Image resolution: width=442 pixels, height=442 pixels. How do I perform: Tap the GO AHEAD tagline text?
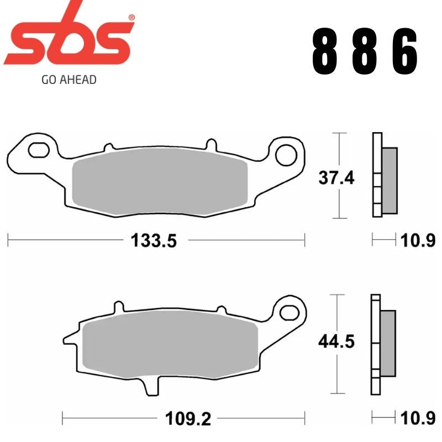[x=69, y=80]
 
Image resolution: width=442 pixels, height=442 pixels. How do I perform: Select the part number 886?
[x=365, y=52]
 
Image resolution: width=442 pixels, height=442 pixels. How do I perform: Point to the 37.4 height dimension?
[x=335, y=177]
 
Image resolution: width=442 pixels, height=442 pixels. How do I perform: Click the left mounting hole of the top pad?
[x=39, y=149]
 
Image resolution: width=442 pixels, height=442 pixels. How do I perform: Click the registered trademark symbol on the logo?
[x=131, y=18]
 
